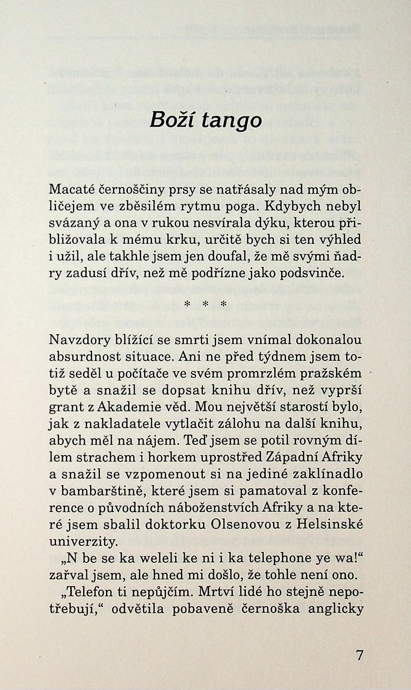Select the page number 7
pos(360,656)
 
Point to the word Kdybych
pos(298,206)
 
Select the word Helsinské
pos(329,525)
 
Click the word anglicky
pos(335,609)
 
